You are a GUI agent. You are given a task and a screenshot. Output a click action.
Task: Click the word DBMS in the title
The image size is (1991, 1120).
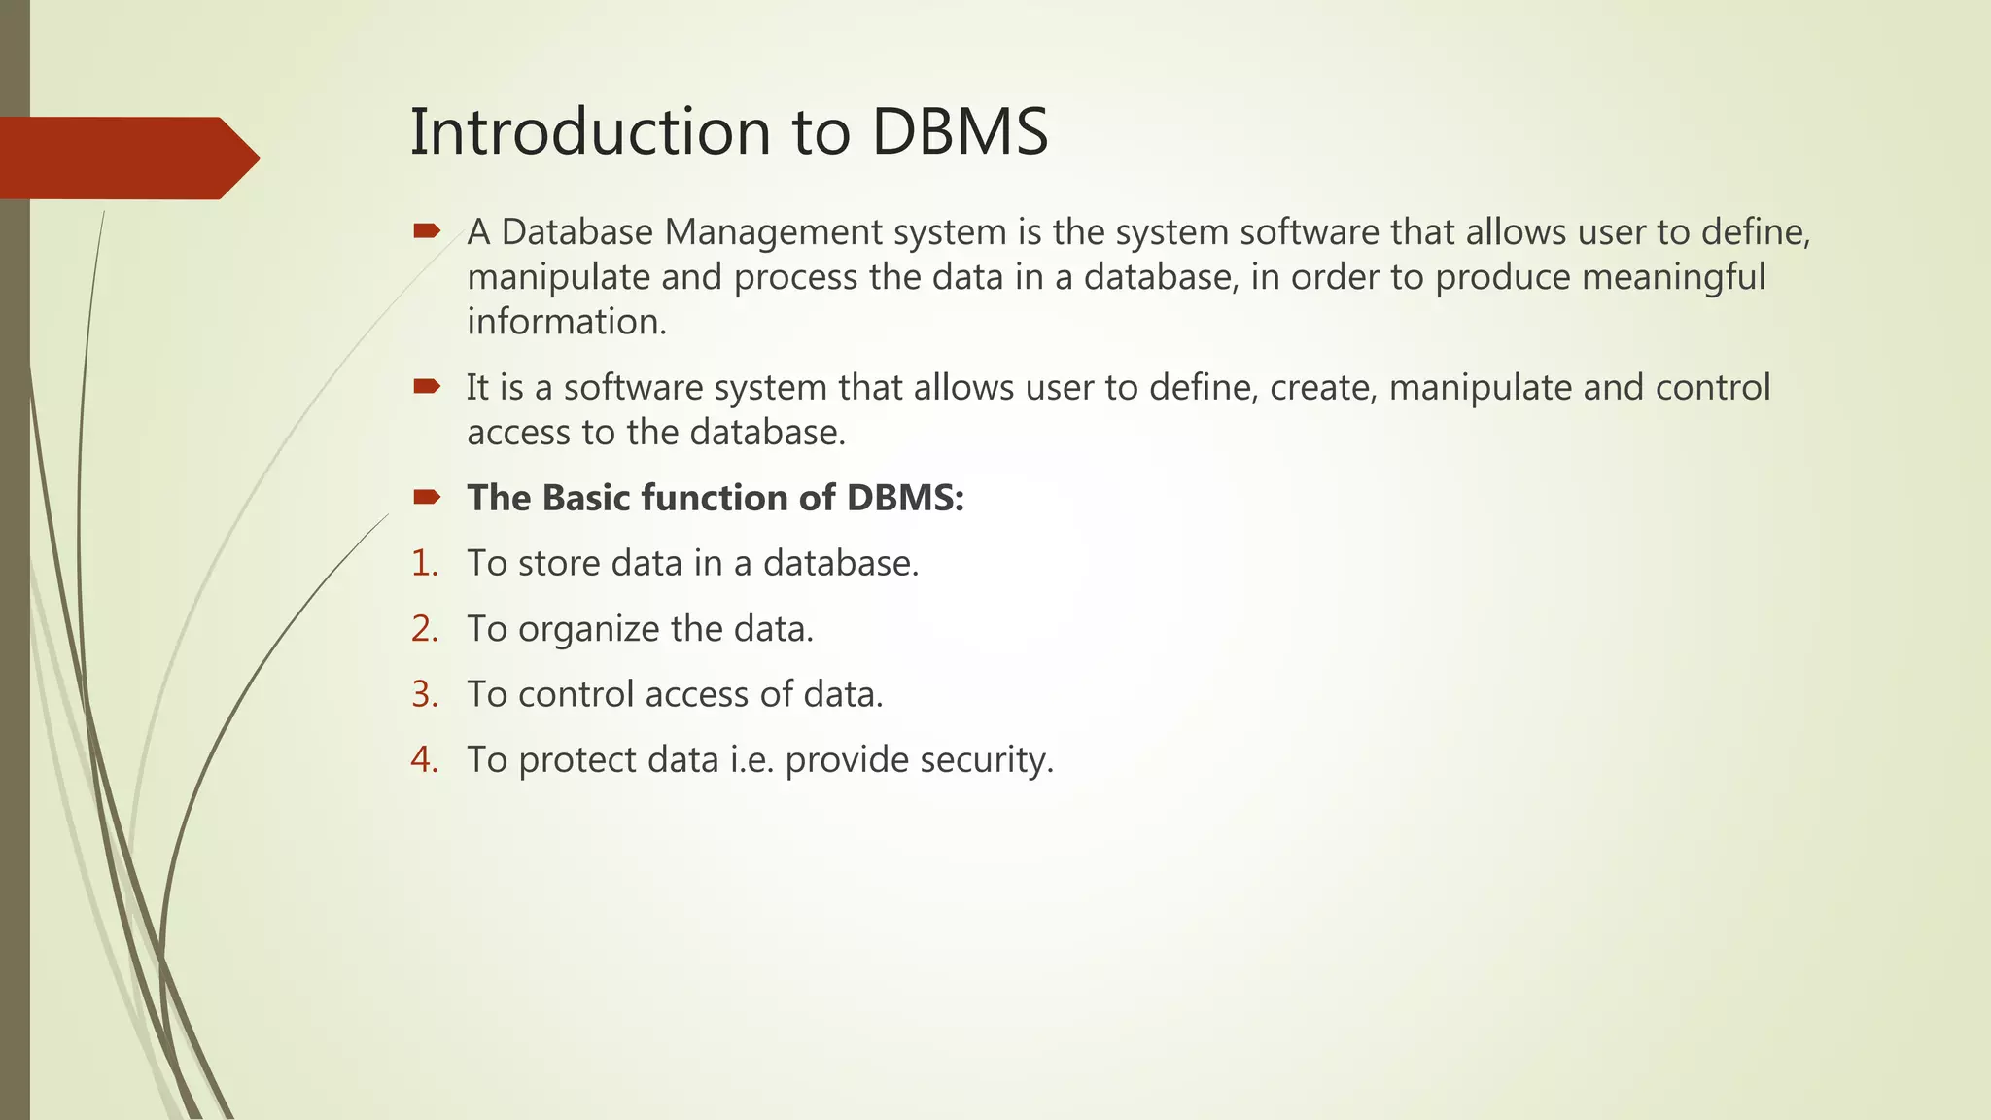(x=960, y=131)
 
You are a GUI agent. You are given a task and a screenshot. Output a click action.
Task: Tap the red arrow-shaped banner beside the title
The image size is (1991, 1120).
(x=126, y=157)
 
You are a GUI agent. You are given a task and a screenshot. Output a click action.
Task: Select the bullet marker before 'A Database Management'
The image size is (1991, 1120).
(x=427, y=231)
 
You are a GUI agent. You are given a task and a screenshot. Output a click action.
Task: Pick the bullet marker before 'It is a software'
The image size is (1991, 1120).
(x=427, y=387)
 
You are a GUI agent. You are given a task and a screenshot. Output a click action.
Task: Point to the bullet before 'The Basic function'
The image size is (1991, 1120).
(x=427, y=498)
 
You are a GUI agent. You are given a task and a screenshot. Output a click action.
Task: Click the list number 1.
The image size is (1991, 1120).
(x=424, y=563)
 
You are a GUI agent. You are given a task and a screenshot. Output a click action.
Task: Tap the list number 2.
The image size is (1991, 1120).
(x=424, y=629)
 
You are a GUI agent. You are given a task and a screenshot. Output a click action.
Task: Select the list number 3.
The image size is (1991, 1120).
(x=424, y=694)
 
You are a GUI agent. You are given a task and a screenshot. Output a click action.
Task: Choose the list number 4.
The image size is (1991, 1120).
(x=424, y=759)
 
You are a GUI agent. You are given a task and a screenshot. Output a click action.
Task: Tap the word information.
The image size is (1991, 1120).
(x=567, y=322)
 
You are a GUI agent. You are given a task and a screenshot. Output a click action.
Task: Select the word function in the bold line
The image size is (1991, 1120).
(x=715, y=498)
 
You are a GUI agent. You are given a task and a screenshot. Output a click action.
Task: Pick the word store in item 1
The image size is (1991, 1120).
(x=559, y=563)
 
